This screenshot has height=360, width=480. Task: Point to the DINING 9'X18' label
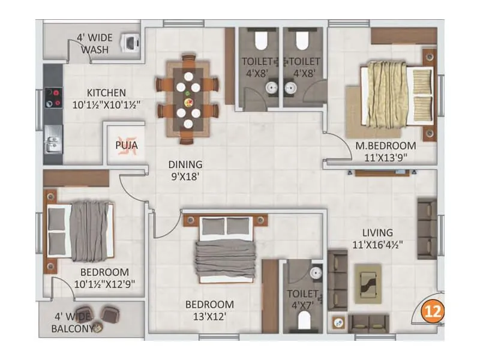point(185,170)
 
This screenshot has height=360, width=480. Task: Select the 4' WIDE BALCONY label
point(71,323)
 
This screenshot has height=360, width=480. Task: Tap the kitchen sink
point(52,145)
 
